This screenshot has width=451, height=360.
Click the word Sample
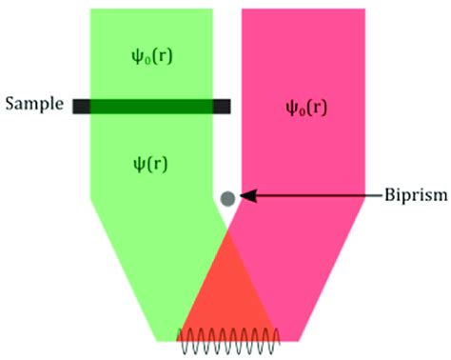[x=31, y=103]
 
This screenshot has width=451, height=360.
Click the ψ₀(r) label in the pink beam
[x=304, y=106]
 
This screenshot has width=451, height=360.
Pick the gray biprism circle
[x=227, y=198]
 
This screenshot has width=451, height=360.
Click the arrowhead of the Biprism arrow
[x=243, y=196]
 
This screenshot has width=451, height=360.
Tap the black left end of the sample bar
[x=80, y=106]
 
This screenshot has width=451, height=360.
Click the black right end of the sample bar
[x=222, y=106]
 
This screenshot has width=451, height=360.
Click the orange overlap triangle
[x=227, y=295]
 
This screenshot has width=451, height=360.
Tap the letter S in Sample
[x=9, y=103]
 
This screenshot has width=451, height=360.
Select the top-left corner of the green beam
[x=90, y=10]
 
